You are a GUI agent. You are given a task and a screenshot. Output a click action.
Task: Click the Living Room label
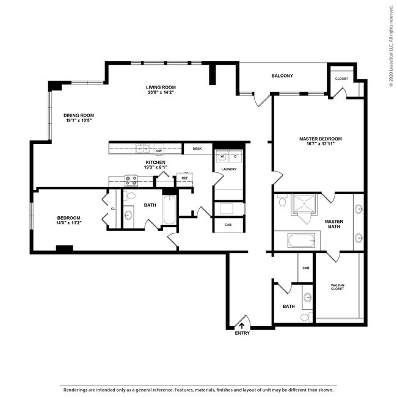pos(161,87)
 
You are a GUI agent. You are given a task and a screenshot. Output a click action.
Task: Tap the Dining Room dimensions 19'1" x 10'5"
pos(79,120)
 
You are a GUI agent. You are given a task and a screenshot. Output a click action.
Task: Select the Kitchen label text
pos(155,162)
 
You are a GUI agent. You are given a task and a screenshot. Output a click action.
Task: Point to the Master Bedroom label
pos(320,139)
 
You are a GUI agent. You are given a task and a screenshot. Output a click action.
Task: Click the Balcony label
pos(282,76)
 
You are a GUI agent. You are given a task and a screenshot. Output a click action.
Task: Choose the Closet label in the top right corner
pos(341,78)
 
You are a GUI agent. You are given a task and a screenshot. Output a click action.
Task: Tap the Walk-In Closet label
pos(337,286)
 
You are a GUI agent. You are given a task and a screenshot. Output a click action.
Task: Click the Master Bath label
pos(333,225)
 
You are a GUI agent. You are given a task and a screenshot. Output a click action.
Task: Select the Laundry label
pos(228,169)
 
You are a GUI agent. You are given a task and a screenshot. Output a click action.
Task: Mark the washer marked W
pos(222,155)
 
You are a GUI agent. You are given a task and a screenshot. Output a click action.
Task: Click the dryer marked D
pos(235,155)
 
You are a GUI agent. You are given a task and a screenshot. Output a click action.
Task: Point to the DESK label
pos(197,148)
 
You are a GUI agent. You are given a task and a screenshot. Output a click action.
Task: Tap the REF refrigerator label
pos(184,178)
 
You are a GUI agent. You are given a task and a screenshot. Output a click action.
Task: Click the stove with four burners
pos(131,180)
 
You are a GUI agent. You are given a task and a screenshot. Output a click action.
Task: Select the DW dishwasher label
pos(158,151)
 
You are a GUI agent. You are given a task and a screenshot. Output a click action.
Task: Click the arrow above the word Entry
pos(242,326)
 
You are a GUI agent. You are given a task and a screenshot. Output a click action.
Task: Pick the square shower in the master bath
pos(303,205)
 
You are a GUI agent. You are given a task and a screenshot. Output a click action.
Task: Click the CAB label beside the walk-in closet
pos(306,268)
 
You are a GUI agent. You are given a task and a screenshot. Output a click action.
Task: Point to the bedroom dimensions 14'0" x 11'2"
pos(69,223)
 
